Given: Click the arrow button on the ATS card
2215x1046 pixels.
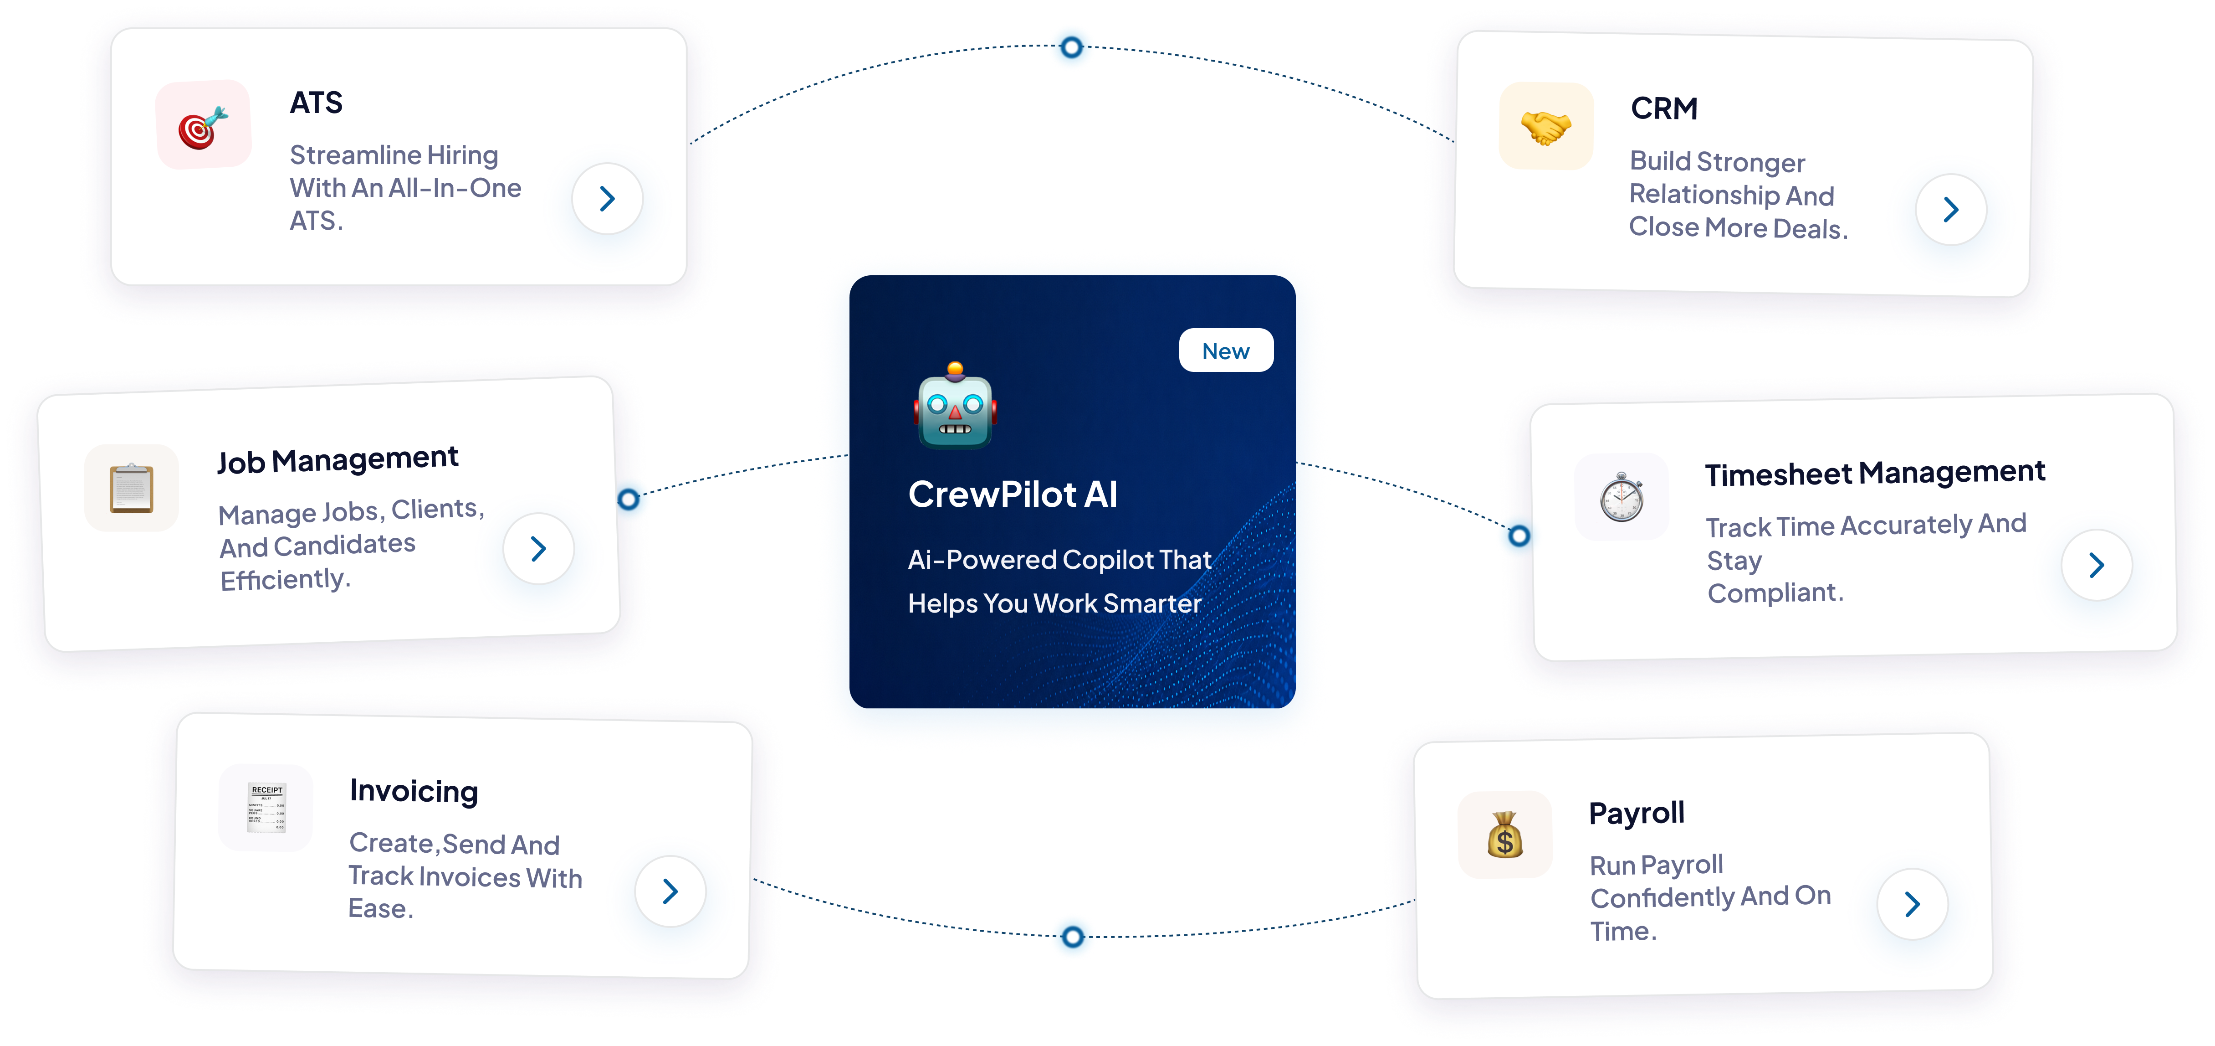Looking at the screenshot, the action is [x=607, y=199].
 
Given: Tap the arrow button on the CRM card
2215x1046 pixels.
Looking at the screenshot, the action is [x=1951, y=209].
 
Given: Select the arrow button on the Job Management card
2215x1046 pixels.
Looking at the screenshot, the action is [x=538, y=548].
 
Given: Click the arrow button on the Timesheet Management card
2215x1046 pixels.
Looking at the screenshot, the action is [x=2096, y=564].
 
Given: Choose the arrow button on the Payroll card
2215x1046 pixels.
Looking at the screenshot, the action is [x=1912, y=903].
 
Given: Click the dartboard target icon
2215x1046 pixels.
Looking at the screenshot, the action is [x=203, y=127].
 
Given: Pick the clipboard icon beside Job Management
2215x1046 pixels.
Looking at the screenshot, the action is [x=132, y=488].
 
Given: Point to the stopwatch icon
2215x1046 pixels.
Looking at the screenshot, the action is [x=1622, y=496].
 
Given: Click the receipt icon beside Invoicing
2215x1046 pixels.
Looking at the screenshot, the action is [x=266, y=807].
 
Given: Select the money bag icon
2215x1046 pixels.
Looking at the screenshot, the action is [x=1505, y=835].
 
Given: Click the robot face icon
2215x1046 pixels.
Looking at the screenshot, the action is [x=954, y=406].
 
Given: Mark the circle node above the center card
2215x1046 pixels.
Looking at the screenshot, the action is [x=1071, y=47].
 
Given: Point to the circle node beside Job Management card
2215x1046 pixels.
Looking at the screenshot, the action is [x=629, y=499].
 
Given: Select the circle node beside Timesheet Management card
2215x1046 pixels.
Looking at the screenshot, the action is [x=1519, y=536].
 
